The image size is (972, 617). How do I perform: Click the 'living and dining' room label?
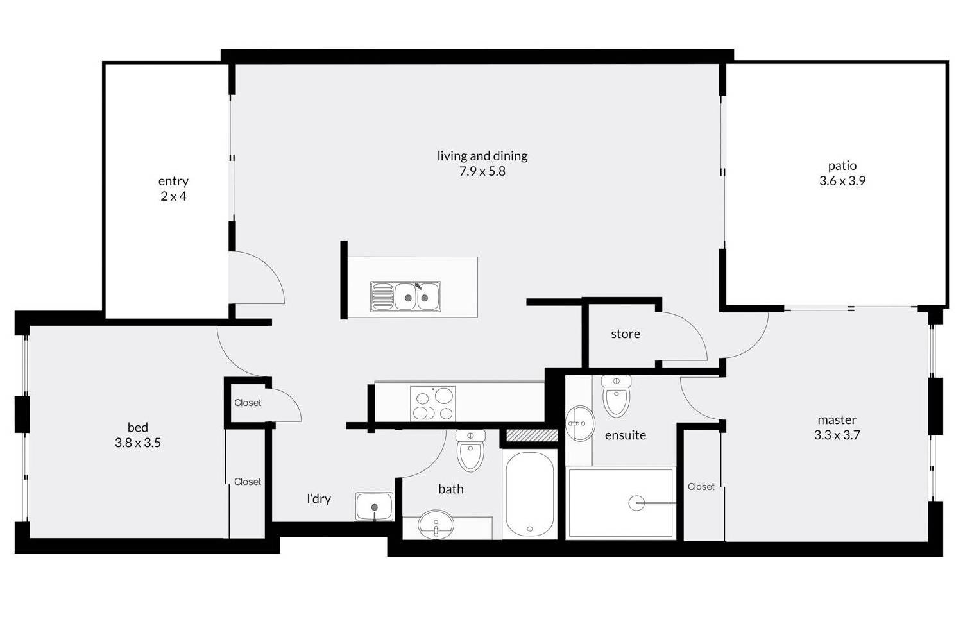coord(482,156)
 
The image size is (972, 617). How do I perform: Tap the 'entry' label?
coord(173,181)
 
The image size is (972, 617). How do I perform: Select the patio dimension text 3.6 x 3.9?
coord(842,180)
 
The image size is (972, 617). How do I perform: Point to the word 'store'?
coord(626,334)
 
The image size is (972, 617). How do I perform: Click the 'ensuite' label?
coord(626,435)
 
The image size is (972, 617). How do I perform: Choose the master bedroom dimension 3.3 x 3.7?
coord(837,435)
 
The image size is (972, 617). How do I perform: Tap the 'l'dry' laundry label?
coord(319,499)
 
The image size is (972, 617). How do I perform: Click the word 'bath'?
coord(451,489)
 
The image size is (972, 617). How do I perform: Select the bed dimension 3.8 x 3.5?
coord(137,443)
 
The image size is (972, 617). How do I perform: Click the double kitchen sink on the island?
coord(405,297)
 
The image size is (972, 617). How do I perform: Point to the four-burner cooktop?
coord(432,403)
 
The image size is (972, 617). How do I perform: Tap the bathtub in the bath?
coord(530,494)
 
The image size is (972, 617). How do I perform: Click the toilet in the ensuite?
coord(616,396)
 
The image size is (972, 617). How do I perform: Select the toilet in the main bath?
coord(470,451)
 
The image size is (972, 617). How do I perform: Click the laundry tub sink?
coord(374,506)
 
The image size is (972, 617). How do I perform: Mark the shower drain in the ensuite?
coord(636,503)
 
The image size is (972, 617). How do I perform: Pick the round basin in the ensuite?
coord(580,423)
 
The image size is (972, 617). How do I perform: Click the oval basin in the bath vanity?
coord(436,525)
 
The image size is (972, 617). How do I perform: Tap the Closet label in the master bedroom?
coord(701,487)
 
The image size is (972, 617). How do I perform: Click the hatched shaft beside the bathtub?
coord(532,435)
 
